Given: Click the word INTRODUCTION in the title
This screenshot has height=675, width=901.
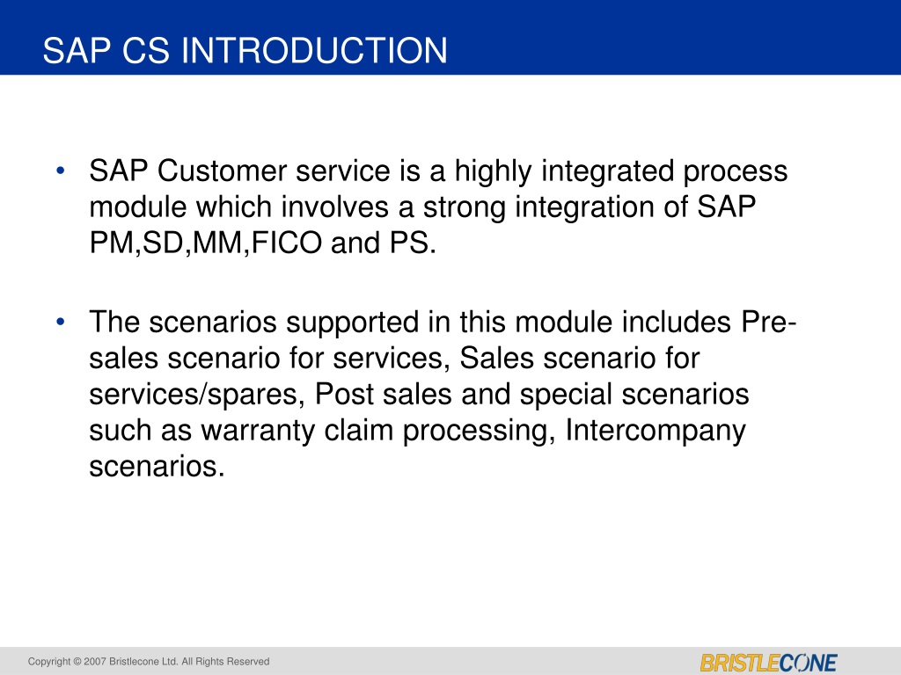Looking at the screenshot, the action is click(x=314, y=50).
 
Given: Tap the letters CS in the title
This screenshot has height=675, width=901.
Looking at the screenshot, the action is click(x=146, y=50).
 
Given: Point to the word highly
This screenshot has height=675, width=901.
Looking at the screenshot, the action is click(x=493, y=172).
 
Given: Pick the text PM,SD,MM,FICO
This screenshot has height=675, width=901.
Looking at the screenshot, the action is click(x=206, y=243).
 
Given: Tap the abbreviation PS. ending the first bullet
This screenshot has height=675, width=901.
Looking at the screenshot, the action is click(x=414, y=243).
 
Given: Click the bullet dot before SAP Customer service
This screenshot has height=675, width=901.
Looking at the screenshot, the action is click(x=61, y=171).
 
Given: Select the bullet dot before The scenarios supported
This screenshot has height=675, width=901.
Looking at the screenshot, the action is click(x=61, y=322).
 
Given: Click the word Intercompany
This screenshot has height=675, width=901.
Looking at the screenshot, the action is click(x=656, y=431).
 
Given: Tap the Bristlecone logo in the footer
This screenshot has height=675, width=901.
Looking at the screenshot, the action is click(x=768, y=663).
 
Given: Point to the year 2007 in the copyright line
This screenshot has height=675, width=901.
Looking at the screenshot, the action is click(x=95, y=661).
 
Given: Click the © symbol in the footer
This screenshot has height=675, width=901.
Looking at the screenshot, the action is click(x=77, y=661).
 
